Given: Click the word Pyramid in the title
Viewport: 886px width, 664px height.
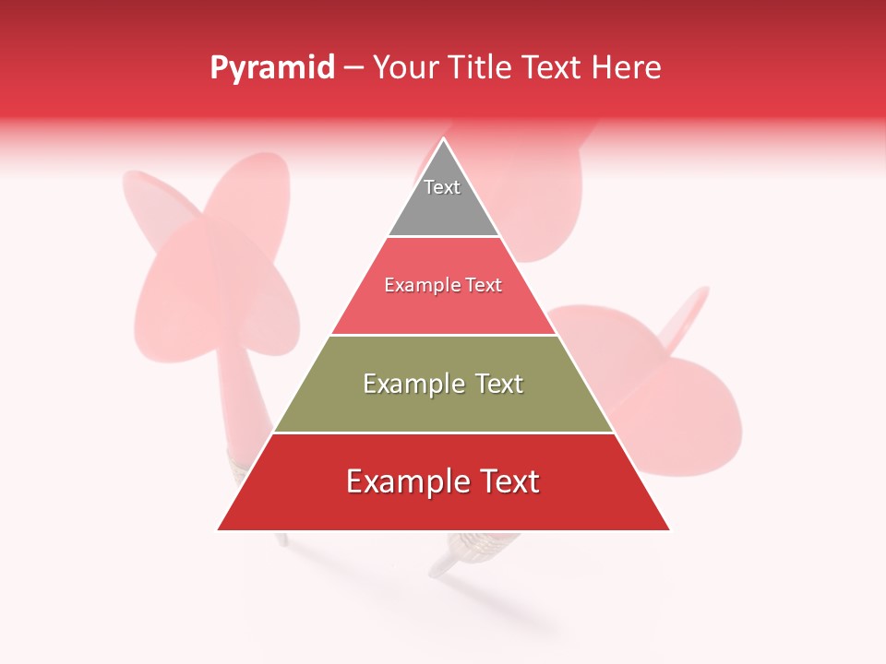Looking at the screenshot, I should [271, 68].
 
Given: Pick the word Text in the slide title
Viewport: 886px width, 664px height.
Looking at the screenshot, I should [552, 68].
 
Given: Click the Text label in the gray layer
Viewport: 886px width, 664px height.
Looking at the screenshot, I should [442, 187].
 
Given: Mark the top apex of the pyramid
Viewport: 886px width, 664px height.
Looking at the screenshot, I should [443, 138].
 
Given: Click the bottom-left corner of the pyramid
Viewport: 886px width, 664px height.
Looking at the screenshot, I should [218, 530].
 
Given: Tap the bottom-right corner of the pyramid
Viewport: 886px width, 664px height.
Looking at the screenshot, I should [669, 530].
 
